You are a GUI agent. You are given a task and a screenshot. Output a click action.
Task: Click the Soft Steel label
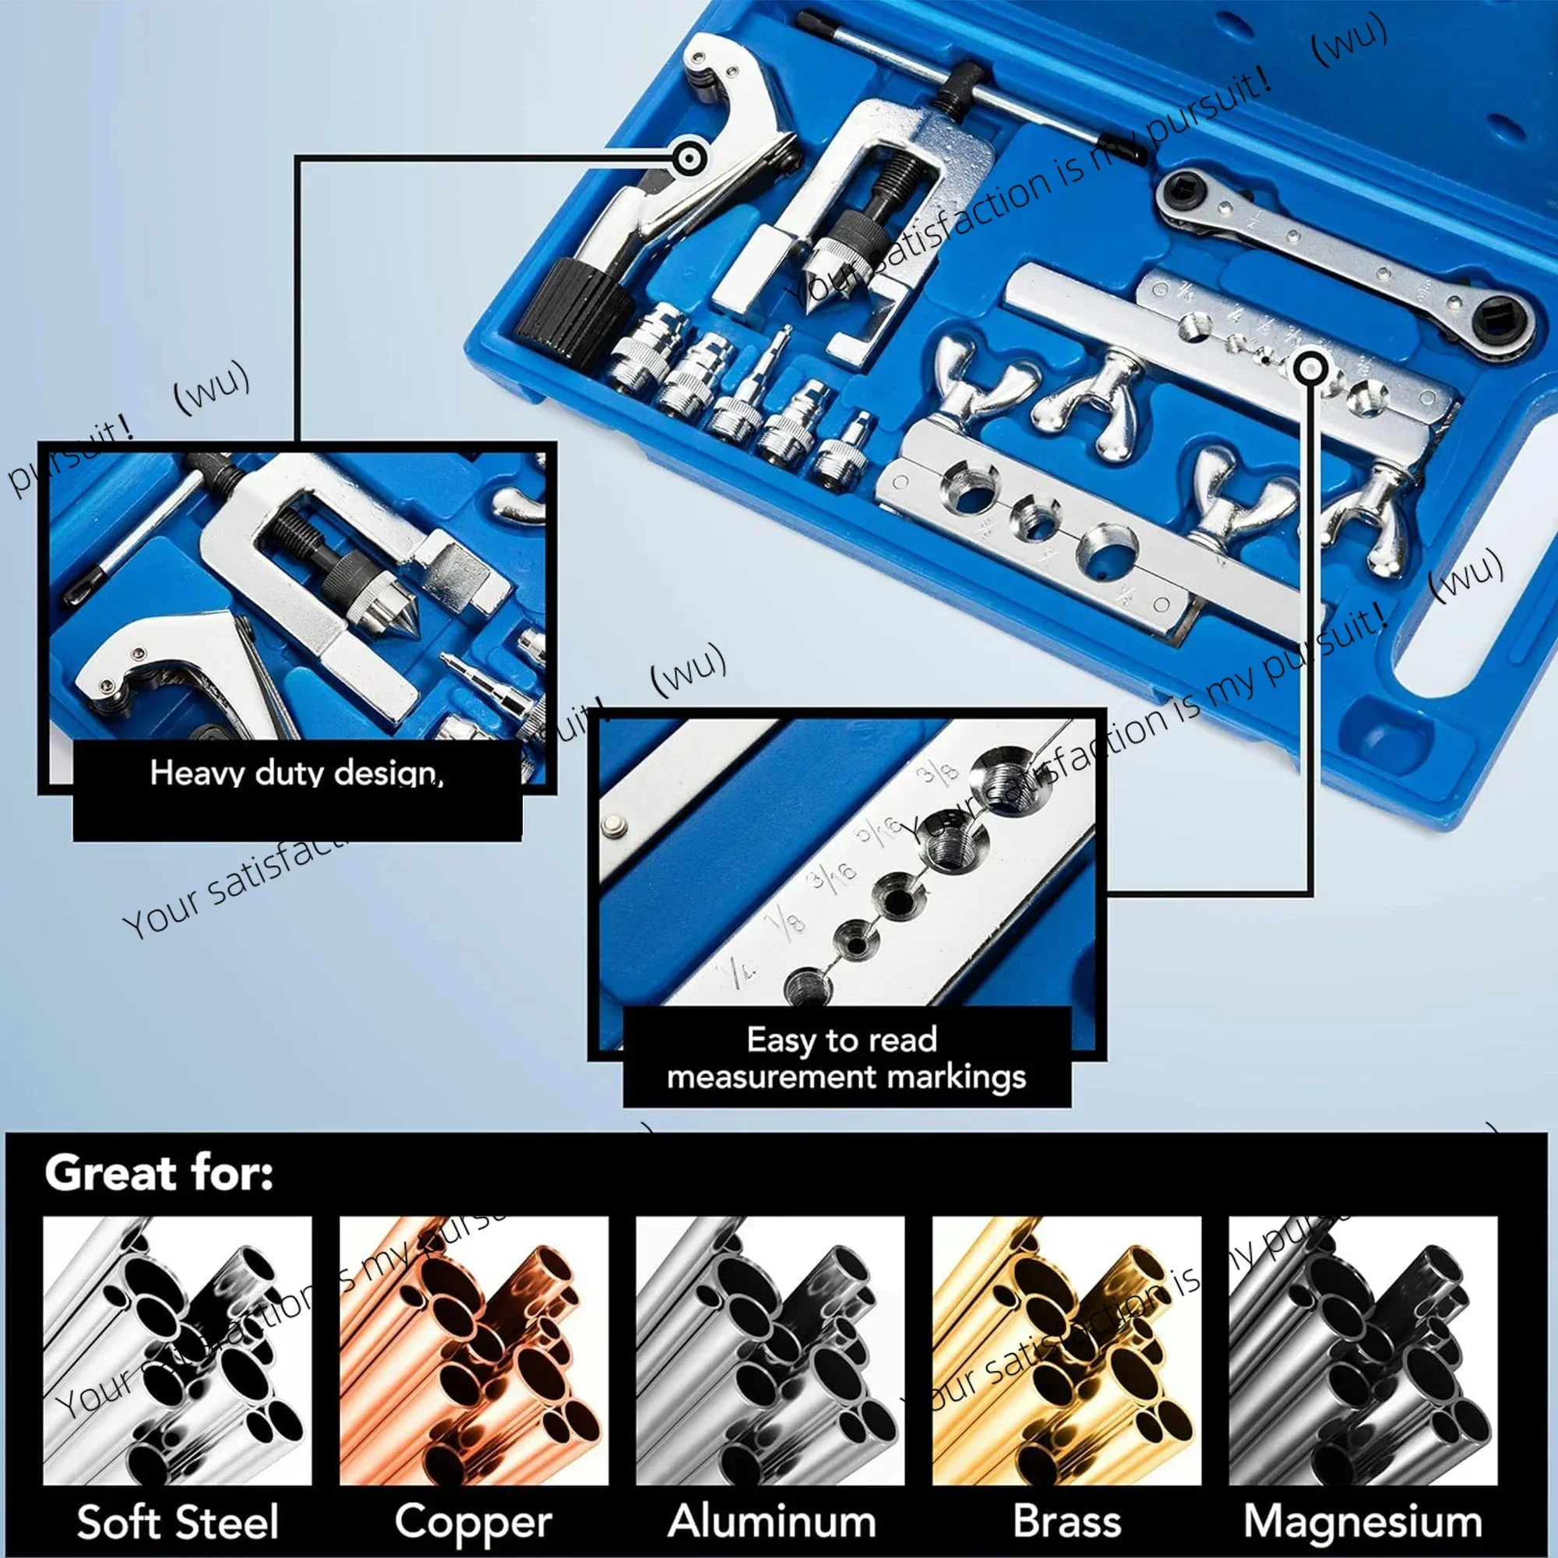pos(178,1521)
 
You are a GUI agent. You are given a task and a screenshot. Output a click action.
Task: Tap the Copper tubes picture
pos(474,1350)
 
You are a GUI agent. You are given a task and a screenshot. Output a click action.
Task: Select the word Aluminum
pos(772,1521)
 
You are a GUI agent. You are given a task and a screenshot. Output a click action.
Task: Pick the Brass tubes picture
pos(1066,1350)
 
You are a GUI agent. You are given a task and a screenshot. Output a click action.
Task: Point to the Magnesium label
pos(1362,1521)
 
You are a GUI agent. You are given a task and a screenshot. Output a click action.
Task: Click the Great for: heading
pos(159,1173)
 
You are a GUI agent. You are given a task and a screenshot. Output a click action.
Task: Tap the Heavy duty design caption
pos(296,774)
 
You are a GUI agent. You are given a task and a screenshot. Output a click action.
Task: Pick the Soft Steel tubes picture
pos(178,1350)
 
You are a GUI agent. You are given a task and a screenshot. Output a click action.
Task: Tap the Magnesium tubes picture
pos(1362,1350)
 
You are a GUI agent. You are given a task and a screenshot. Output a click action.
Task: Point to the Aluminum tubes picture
pos(770,1350)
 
